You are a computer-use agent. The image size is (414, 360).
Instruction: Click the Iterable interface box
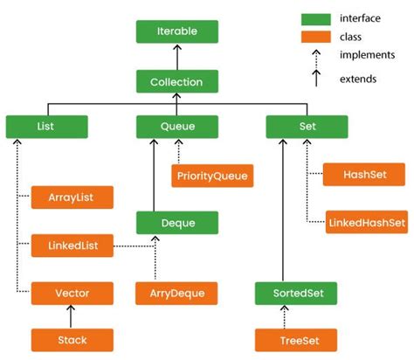coord(176,31)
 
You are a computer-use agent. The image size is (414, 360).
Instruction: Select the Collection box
coord(176,82)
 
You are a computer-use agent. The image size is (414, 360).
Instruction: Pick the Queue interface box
coord(177,127)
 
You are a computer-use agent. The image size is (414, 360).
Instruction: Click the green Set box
coord(307,127)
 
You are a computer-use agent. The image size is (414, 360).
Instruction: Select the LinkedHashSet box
coord(365,221)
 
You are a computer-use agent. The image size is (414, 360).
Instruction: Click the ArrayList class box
coord(72,197)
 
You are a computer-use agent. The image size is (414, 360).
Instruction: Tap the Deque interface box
coord(177,221)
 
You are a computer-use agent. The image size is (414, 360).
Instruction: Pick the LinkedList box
coord(72,246)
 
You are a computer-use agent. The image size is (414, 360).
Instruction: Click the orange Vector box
coord(72,292)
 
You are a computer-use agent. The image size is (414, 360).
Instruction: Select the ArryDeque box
coord(177,292)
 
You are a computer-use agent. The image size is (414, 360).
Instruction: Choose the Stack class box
coord(72,339)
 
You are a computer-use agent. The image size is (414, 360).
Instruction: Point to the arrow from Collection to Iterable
coord(176,57)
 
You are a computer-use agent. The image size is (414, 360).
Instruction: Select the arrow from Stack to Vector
coord(72,315)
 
